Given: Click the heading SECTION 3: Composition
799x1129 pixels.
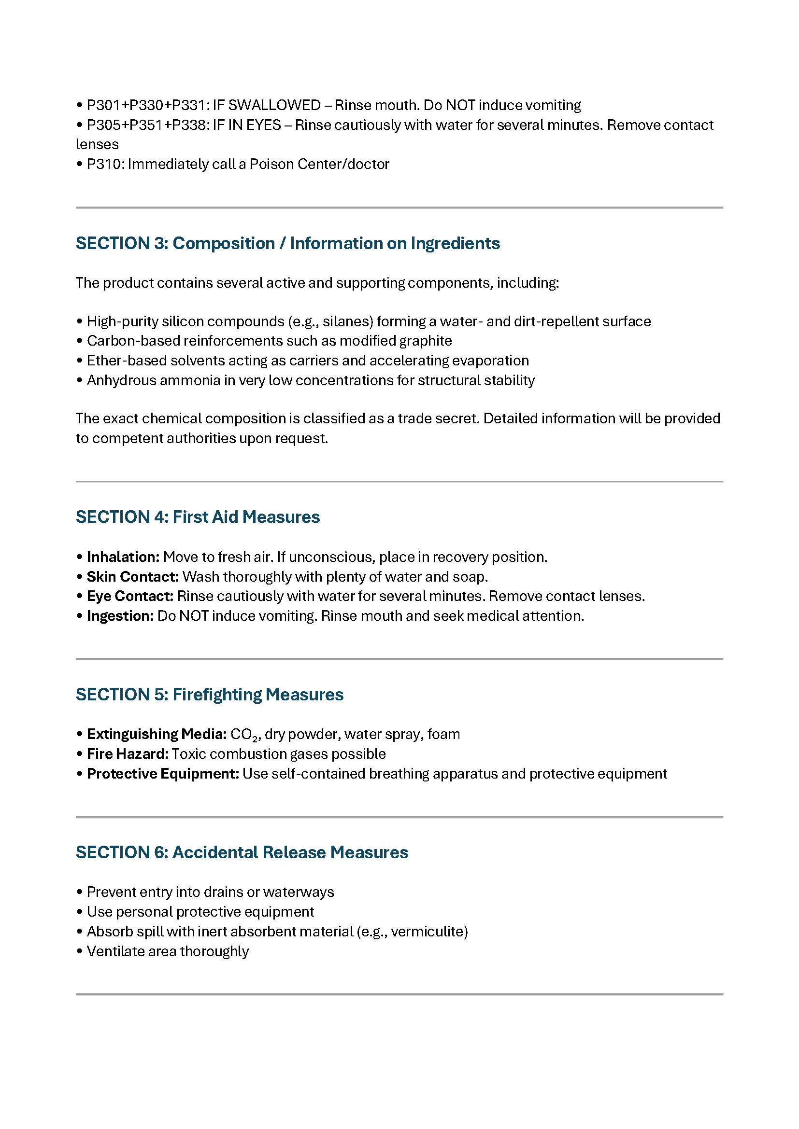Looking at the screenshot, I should click(x=287, y=243).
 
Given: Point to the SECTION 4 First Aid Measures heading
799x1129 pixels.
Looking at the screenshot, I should click(x=197, y=517).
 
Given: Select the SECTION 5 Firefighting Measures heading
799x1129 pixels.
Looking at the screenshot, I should click(x=209, y=694).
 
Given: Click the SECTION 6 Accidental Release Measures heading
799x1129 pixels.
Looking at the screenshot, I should click(x=242, y=852).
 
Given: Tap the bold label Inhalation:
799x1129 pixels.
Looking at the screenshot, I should click(x=123, y=557).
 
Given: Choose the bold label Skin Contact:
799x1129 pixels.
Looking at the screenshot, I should click(x=133, y=577).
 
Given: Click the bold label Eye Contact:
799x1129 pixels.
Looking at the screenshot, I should click(x=130, y=596).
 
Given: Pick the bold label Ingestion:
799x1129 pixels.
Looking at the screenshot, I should click(x=120, y=616).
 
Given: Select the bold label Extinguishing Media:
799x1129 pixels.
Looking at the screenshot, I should click(x=157, y=734).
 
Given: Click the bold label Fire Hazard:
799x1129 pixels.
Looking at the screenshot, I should click(x=128, y=754).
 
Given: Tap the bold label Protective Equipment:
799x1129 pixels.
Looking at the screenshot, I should click(x=163, y=774).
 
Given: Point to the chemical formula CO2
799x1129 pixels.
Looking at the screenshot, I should click(x=243, y=735).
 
